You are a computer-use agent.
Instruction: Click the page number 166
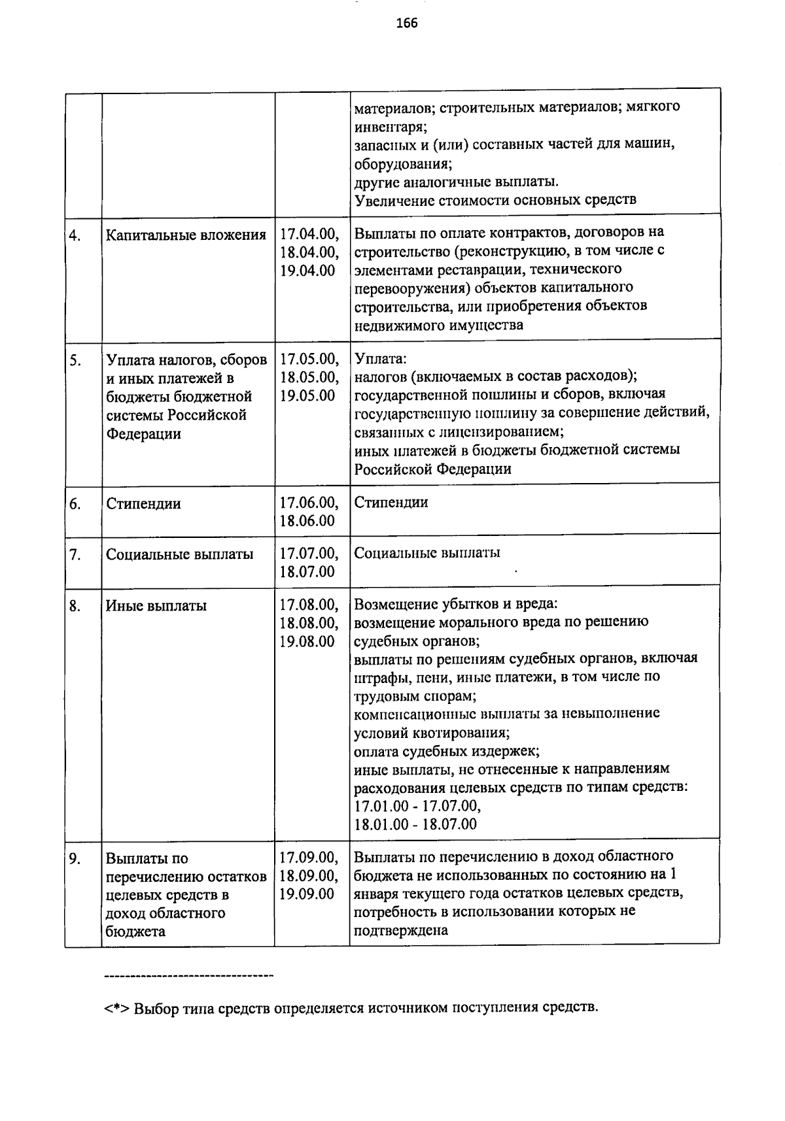(406, 24)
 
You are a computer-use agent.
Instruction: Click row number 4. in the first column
(75, 235)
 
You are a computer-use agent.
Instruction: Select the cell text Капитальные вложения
(186, 235)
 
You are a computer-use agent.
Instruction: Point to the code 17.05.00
(309, 359)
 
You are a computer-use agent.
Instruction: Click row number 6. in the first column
(75, 504)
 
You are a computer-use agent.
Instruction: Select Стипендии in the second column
(143, 504)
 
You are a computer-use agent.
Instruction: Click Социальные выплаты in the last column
(427, 553)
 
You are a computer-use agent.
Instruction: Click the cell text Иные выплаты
(156, 606)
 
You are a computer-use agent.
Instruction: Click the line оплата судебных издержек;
(447, 750)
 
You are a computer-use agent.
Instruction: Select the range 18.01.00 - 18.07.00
(415, 824)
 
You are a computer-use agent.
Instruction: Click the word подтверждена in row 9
(400, 929)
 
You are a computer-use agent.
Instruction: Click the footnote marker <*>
(117, 1007)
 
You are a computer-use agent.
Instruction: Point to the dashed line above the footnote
(188, 977)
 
